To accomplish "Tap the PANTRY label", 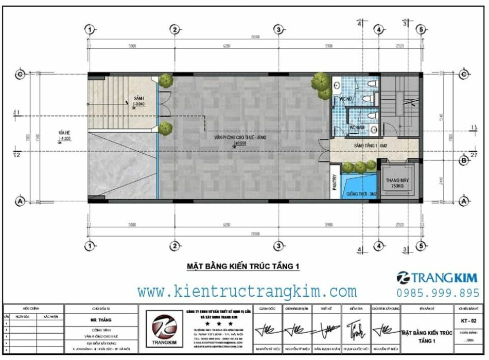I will click(334, 182).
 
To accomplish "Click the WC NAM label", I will click(358, 127).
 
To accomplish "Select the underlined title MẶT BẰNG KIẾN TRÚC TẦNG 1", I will click(242, 266).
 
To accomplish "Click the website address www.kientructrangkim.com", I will click(247, 292).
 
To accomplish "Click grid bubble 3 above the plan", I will click(278, 29).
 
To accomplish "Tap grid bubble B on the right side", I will click(463, 161).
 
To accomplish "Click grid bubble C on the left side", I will click(21, 75).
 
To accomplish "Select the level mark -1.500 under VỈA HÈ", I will click(65, 139).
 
